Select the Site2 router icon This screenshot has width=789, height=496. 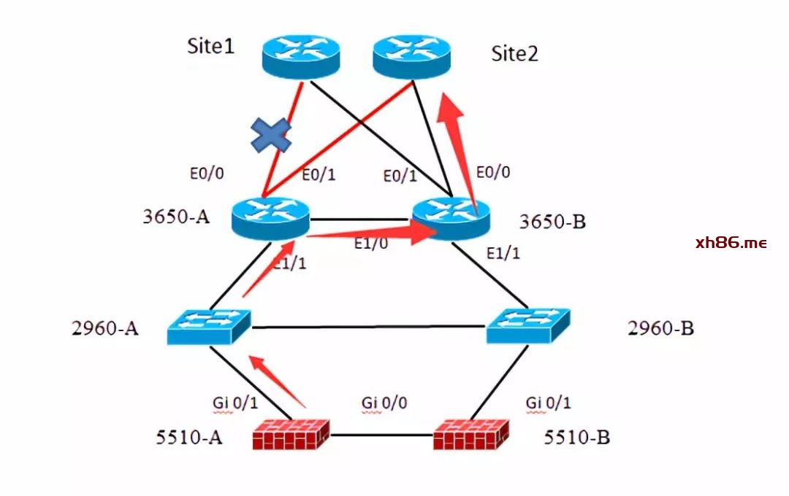tap(411, 56)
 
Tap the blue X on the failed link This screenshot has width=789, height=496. tap(271, 135)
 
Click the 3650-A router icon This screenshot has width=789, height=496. tap(270, 217)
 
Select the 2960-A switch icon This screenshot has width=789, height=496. tap(209, 327)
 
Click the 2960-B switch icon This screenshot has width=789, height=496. tap(528, 327)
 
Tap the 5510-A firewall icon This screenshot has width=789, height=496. tap(291, 435)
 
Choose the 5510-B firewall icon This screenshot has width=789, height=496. tap(470, 435)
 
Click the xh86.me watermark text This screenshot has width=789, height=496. tap(731, 243)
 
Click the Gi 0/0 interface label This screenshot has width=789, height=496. tap(384, 402)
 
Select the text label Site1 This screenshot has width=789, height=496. tap(211, 47)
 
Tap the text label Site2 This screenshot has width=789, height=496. tap(514, 53)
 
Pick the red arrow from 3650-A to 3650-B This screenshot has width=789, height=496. tap(373, 232)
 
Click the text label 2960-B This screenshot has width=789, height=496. tap(660, 328)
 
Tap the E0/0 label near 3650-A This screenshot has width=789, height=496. tap(206, 174)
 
